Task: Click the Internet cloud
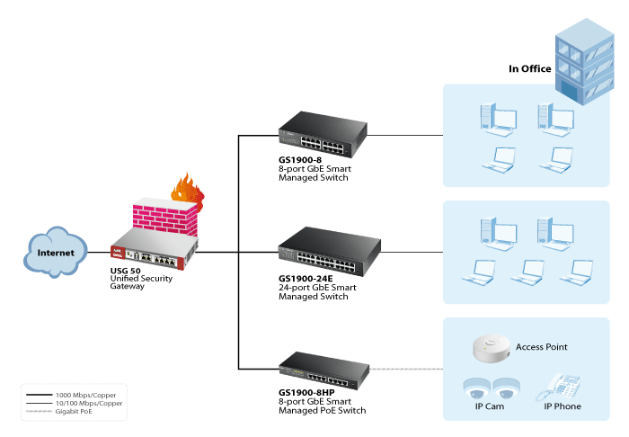coord(56,252)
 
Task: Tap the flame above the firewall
coord(188,191)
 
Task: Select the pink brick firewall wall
coord(165,217)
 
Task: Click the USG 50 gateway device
coord(154,249)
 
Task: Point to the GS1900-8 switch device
coord(323,135)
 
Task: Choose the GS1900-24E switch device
coord(330,251)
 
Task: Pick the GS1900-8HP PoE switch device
coord(323,370)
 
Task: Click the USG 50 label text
coord(126,271)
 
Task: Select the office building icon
coord(584,61)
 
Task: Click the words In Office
coord(530,68)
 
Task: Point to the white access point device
coord(492,348)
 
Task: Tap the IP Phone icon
coord(558,387)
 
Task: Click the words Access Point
coord(542,347)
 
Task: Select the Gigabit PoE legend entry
coord(59,411)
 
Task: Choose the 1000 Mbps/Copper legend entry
coord(71,396)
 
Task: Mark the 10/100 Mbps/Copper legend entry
coord(75,404)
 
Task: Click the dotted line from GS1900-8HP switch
coord(406,369)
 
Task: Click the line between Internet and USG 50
coord(99,253)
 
